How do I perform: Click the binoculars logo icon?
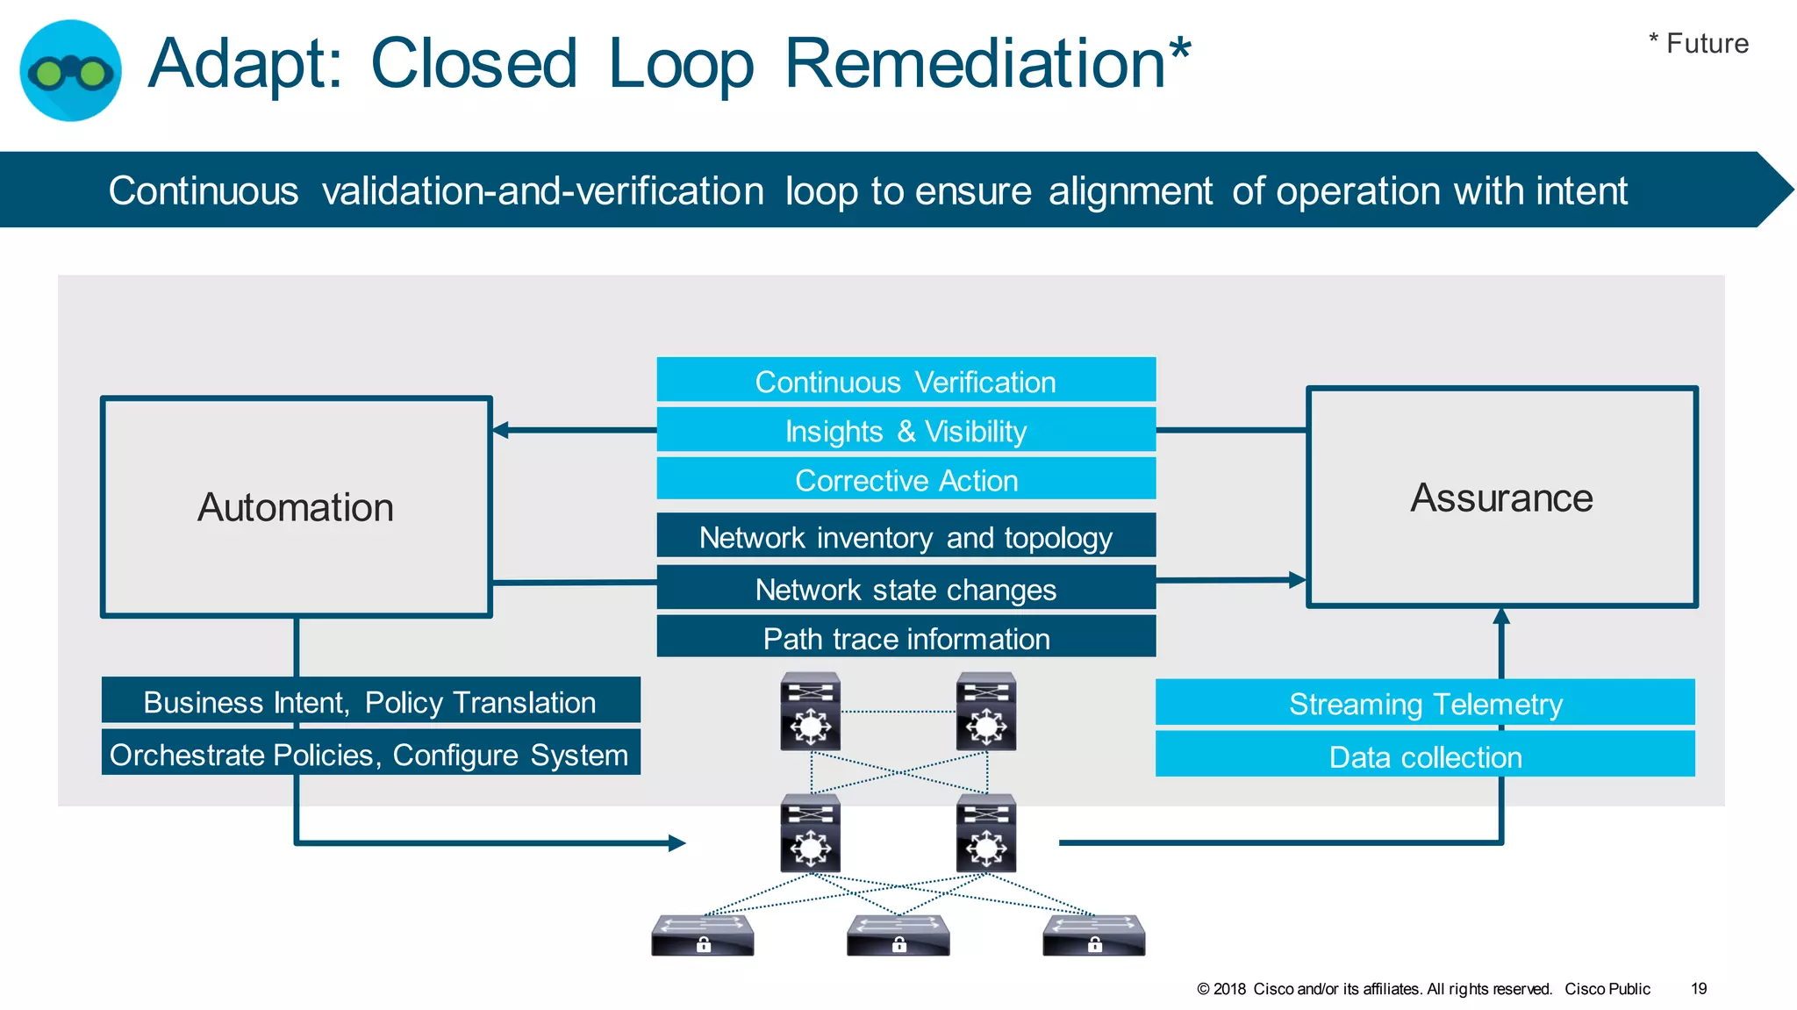tap(70, 70)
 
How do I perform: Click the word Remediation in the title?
tap(974, 63)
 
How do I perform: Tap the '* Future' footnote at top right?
tap(1698, 43)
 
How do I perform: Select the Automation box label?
tap(296, 507)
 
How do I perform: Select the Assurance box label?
tap(1501, 498)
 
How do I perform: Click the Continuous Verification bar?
tap(906, 382)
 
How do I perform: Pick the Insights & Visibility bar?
tap(906, 431)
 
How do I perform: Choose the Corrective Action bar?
tap(906, 480)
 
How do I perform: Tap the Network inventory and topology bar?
tap(906, 537)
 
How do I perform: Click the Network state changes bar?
tap(906, 589)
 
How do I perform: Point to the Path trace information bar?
tap(906, 638)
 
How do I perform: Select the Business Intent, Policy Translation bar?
tap(370, 702)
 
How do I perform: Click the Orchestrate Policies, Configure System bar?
tap(370, 755)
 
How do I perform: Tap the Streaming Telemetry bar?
tap(1425, 704)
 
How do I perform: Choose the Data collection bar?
tap(1425, 756)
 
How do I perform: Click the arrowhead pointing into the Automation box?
tap(500, 430)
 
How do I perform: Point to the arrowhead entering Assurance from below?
tap(1501, 616)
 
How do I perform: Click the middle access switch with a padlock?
tap(898, 935)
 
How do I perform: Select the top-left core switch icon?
tap(811, 711)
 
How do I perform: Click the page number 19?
tap(1699, 989)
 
